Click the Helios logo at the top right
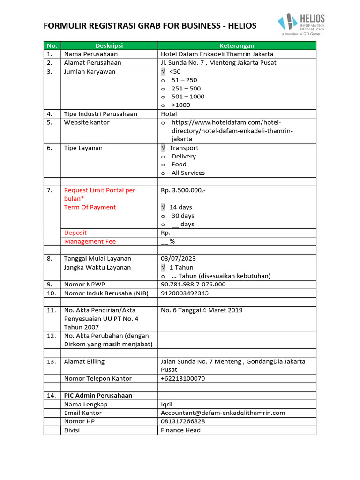(x=300, y=24)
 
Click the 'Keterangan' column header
(x=237, y=45)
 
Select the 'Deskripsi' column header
(x=109, y=45)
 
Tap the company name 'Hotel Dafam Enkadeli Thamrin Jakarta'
(x=217, y=54)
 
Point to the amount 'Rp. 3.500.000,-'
(x=183, y=190)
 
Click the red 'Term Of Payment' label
(x=90, y=207)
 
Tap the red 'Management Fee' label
(x=90, y=241)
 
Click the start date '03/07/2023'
(x=178, y=259)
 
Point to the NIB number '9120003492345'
(x=185, y=293)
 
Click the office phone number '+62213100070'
(x=183, y=378)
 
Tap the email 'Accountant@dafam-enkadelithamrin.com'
(x=223, y=413)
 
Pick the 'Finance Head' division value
(x=180, y=430)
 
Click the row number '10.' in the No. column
(x=52, y=293)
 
